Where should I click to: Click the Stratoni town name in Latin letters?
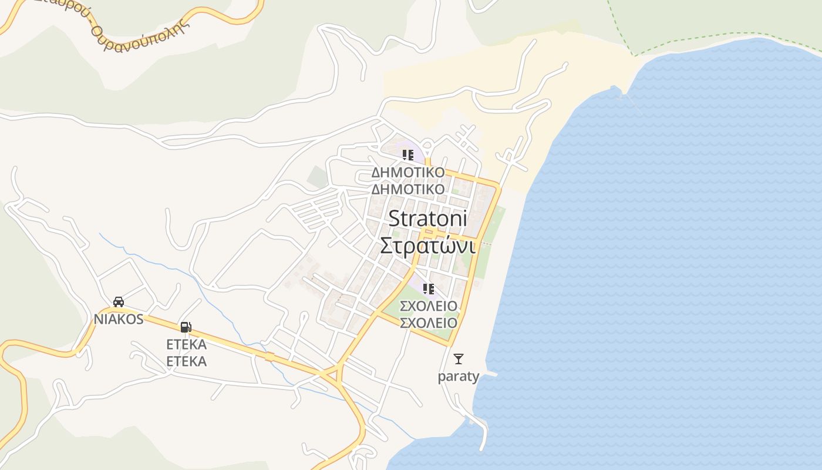(427, 219)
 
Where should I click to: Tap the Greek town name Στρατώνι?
(427, 245)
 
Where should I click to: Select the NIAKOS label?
(119, 319)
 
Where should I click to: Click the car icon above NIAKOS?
(119, 302)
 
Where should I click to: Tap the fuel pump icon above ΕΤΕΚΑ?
(186, 327)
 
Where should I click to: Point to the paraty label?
(459, 376)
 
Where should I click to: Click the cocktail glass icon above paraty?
(459, 358)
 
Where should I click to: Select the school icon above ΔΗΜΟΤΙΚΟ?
(408, 155)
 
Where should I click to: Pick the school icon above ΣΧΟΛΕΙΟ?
(429, 288)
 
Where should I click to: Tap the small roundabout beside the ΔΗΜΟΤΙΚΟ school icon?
(427, 145)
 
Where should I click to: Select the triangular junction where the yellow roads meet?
(332, 374)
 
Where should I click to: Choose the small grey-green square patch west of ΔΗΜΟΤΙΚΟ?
(317, 177)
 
